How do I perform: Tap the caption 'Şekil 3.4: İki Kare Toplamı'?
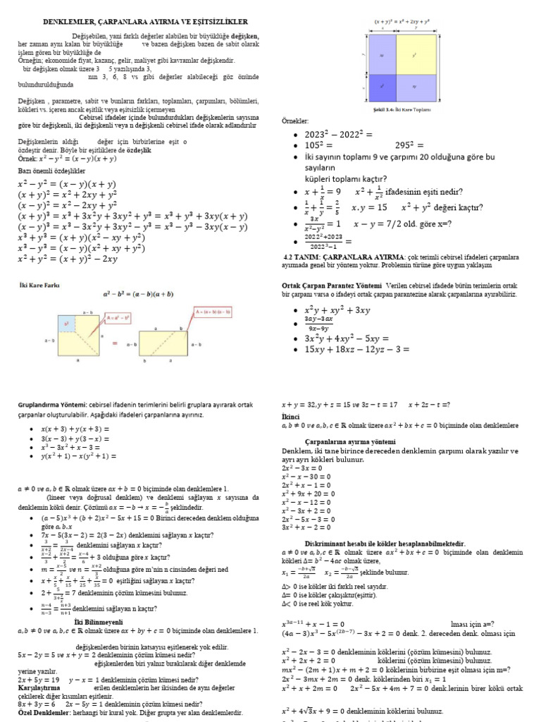[402, 109]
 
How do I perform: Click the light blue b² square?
[68, 324]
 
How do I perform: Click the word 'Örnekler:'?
[296, 121]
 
